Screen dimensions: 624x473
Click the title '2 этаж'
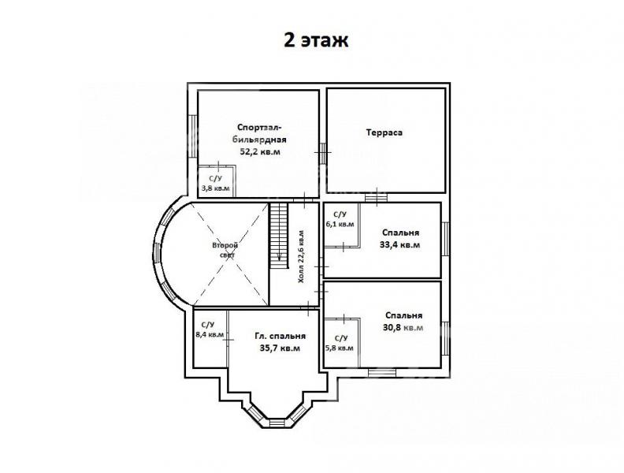click(316, 40)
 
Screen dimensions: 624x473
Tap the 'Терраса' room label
click(384, 132)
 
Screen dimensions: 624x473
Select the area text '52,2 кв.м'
click(260, 151)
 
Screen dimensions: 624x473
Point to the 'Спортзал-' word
click(259, 128)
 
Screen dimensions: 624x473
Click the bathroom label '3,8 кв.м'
click(216, 188)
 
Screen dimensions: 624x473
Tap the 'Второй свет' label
click(226, 251)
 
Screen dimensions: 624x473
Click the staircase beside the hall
click(279, 236)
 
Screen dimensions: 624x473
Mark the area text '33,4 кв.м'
click(400, 245)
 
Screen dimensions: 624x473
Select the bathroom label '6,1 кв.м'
click(340, 224)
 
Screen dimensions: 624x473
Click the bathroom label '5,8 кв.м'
click(340, 348)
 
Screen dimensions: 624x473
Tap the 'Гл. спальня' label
click(280, 336)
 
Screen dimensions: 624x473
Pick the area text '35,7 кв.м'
click(280, 348)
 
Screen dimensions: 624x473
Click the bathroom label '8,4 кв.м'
click(210, 335)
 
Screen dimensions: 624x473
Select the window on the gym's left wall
click(192, 136)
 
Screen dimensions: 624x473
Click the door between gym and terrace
click(323, 153)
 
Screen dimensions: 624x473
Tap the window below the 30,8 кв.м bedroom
click(381, 373)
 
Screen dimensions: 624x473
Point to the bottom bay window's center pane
click(277, 423)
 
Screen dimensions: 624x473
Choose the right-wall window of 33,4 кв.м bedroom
click(446, 239)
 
